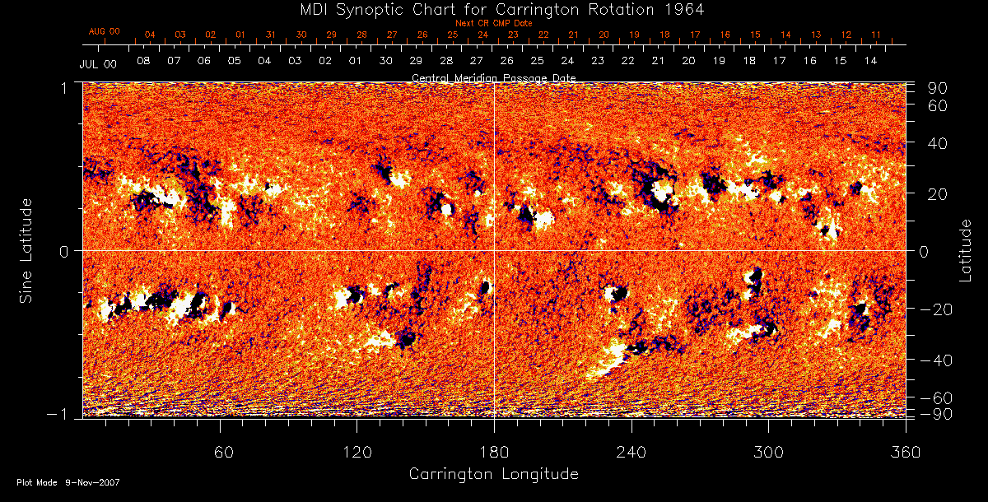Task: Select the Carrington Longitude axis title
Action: (x=493, y=474)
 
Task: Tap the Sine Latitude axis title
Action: (x=27, y=249)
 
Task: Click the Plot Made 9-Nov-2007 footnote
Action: (x=68, y=482)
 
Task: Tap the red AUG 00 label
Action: (x=105, y=31)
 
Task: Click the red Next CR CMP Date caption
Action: (x=494, y=23)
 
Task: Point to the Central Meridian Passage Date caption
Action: (x=493, y=77)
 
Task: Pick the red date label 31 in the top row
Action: (x=271, y=35)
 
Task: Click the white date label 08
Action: (x=143, y=61)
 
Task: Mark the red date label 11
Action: (x=876, y=35)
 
